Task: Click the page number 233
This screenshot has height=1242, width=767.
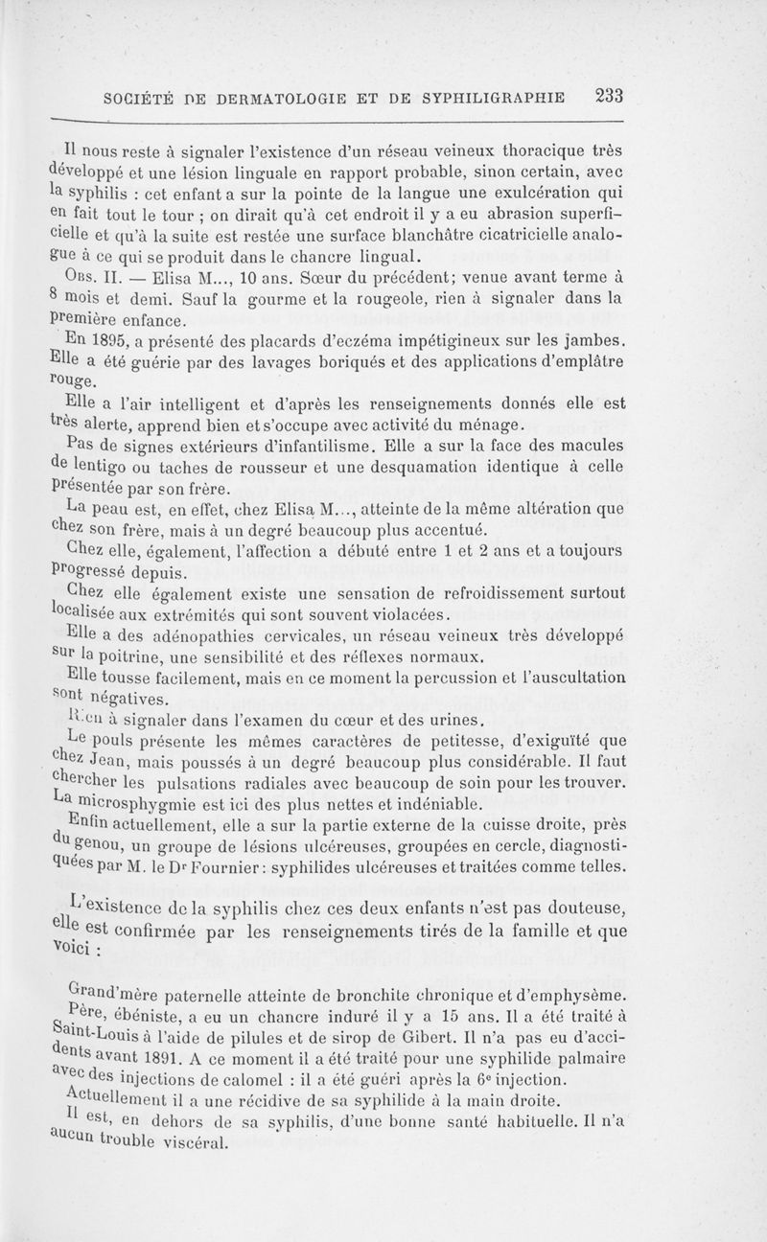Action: pos(610,95)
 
